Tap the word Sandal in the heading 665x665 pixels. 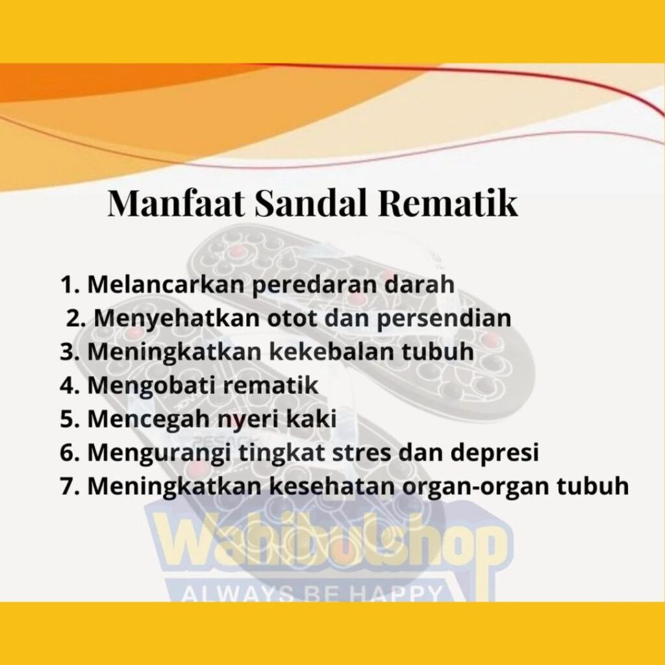(x=310, y=203)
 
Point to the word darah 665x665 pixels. (x=419, y=284)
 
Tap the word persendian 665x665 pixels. (x=444, y=319)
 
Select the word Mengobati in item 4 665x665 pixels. (x=151, y=386)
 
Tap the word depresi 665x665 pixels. (x=494, y=453)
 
